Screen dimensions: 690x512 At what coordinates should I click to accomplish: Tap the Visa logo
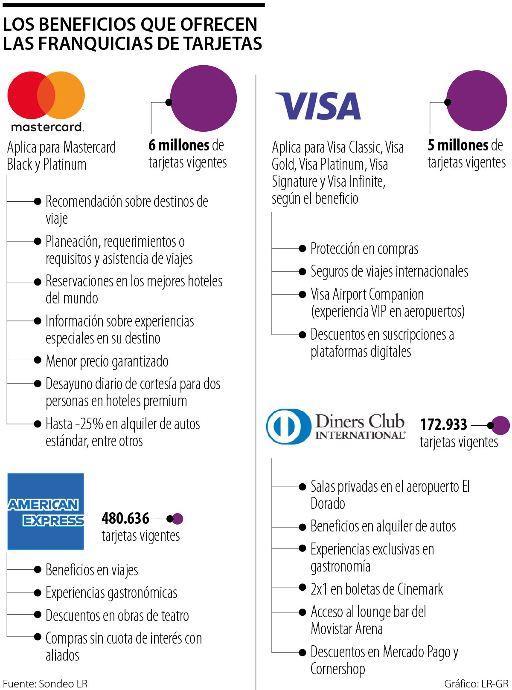(x=318, y=106)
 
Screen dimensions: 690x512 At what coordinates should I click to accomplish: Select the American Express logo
(x=46, y=511)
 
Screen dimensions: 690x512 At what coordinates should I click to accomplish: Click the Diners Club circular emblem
(x=288, y=426)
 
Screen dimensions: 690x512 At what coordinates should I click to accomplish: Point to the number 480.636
(x=125, y=519)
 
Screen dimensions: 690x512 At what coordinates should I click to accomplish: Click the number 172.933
(x=443, y=424)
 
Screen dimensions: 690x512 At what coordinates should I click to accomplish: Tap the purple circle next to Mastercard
(x=204, y=98)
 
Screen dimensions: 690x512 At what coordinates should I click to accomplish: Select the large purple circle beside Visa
(x=477, y=101)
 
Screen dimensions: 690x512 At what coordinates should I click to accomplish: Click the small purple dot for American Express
(x=177, y=519)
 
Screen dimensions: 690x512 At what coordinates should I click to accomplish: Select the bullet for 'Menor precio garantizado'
(x=38, y=360)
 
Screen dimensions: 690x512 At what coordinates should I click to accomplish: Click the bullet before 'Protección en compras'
(x=303, y=248)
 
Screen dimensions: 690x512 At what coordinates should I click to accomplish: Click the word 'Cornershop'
(x=337, y=669)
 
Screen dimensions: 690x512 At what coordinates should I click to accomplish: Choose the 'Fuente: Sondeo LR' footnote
(x=45, y=684)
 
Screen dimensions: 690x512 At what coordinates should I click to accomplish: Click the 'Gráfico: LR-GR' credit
(x=476, y=684)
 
